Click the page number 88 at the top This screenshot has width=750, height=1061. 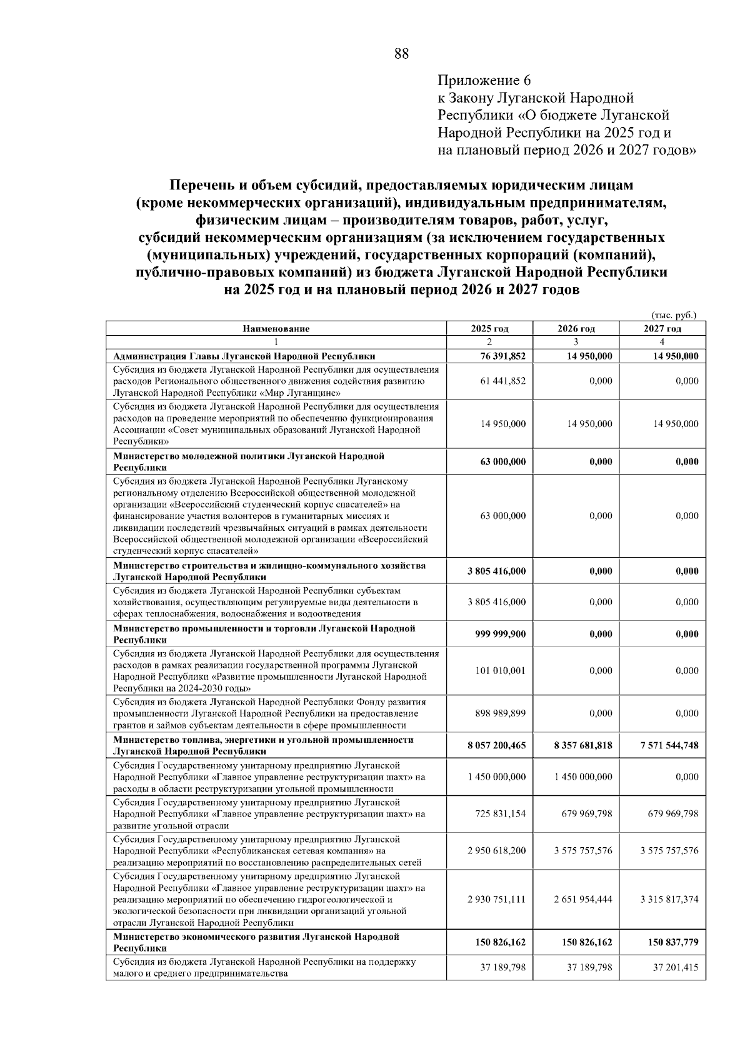[x=401, y=54]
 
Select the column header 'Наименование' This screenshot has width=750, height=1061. [x=276, y=328]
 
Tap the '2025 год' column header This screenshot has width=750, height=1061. [x=489, y=328]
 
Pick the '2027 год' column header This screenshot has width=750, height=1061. [x=662, y=328]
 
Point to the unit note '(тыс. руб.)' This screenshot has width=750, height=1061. [x=673, y=316]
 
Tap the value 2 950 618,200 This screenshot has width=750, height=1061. [x=497, y=851]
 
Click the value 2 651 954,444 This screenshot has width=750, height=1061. [x=582, y=899]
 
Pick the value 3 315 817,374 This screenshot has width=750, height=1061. [x=669, y=899]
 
